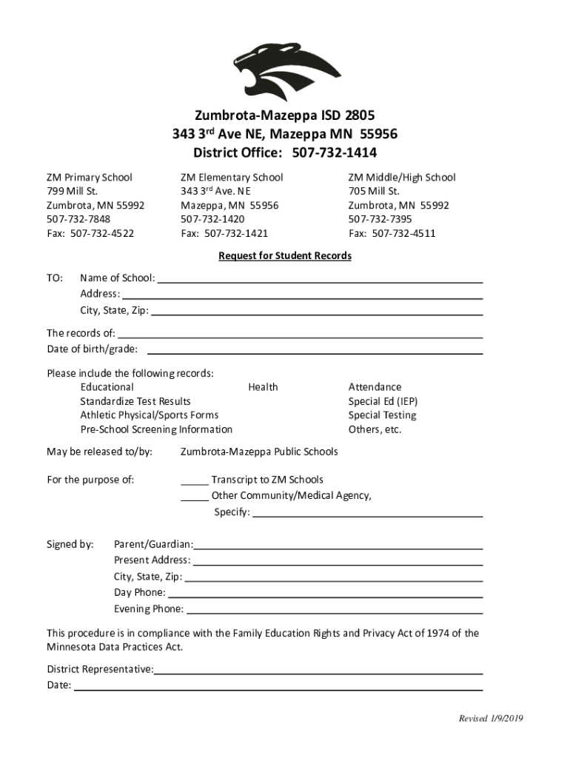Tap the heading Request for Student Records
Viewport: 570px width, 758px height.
(285, 256)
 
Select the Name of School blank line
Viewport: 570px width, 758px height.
(320, 281)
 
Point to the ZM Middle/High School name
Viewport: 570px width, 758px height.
(402, 178)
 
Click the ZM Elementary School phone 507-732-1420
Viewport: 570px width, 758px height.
(213, 220)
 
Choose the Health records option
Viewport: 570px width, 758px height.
(263, 387)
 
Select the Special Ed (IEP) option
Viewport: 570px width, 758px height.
(383, 401)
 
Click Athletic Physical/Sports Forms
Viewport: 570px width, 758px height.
(150, 415)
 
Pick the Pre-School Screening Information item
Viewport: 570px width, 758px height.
(156, 429)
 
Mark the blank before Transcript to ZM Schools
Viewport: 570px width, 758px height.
(195, 481)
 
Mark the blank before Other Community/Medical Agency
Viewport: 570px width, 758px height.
(195, 497)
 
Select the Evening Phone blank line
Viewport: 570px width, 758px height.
(335, 611)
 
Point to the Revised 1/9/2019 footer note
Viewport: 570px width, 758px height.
(491, 719)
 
